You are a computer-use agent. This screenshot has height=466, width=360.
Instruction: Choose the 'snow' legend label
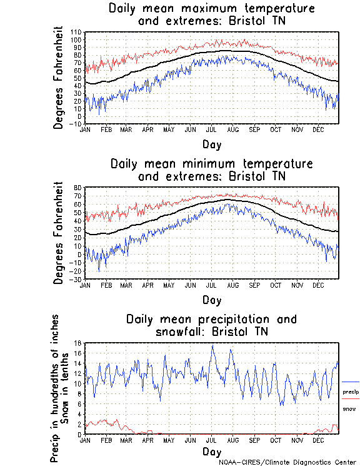click(x=349, y=408)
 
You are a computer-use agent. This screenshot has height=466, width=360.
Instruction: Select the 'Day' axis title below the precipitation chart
click(x=211, y=451)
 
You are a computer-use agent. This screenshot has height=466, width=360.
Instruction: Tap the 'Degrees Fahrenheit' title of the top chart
click(x=59, y=78)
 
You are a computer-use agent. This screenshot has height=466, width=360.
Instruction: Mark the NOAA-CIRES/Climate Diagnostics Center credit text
click(x=288, y=462)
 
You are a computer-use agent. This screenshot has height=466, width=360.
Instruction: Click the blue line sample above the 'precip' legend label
click(x=351, y=382)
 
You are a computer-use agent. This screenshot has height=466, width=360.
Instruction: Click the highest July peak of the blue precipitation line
click(x=212, y=346)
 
